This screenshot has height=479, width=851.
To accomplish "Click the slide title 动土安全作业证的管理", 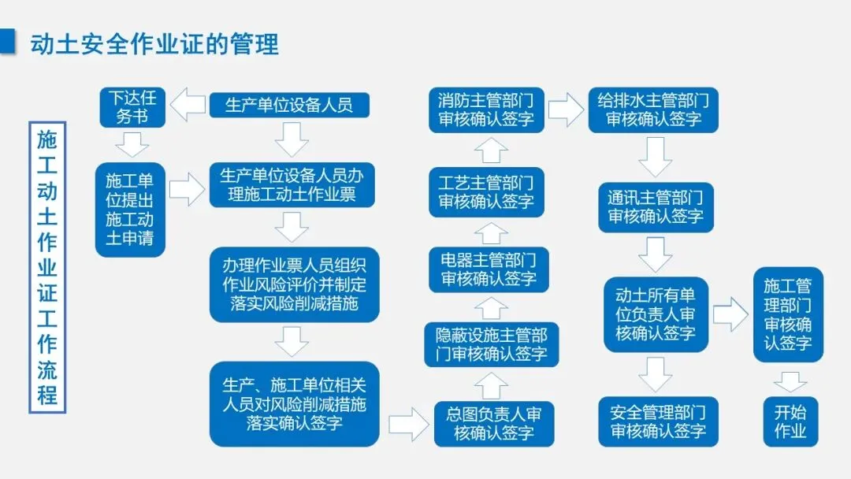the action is point(154,43).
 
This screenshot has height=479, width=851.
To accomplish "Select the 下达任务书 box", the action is point(132,107).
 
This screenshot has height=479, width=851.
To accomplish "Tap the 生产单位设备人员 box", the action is point(289,105).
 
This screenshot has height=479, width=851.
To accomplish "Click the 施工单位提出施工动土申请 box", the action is point(130,210).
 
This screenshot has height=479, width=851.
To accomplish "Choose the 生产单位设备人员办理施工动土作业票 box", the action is point(292,184).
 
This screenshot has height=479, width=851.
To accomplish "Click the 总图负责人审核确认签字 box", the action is point(494,424).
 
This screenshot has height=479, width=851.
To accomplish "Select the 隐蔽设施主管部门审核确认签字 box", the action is point(492,344).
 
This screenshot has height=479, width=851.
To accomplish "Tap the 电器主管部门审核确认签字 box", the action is point(489,269).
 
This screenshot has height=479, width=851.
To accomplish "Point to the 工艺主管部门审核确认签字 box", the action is point(486,191).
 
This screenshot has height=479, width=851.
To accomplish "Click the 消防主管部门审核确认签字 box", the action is point(485,110).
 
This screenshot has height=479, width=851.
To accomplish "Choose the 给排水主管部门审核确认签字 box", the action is point(653,110).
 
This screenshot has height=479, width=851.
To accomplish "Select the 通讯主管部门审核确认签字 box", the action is point(655,206).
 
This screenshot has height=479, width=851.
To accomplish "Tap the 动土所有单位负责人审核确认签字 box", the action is point(656,314).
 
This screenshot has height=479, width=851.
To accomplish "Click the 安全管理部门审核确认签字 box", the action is point(658,421).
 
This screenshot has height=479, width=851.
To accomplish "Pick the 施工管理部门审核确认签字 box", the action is point(787,314).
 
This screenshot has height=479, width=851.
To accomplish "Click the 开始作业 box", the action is point(790,421).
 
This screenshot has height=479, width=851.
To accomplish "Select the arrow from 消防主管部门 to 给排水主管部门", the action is point(565,110).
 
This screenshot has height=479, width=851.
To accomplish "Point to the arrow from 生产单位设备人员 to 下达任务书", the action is point(188,106).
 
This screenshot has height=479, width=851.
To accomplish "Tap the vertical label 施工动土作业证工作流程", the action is point(47,267).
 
